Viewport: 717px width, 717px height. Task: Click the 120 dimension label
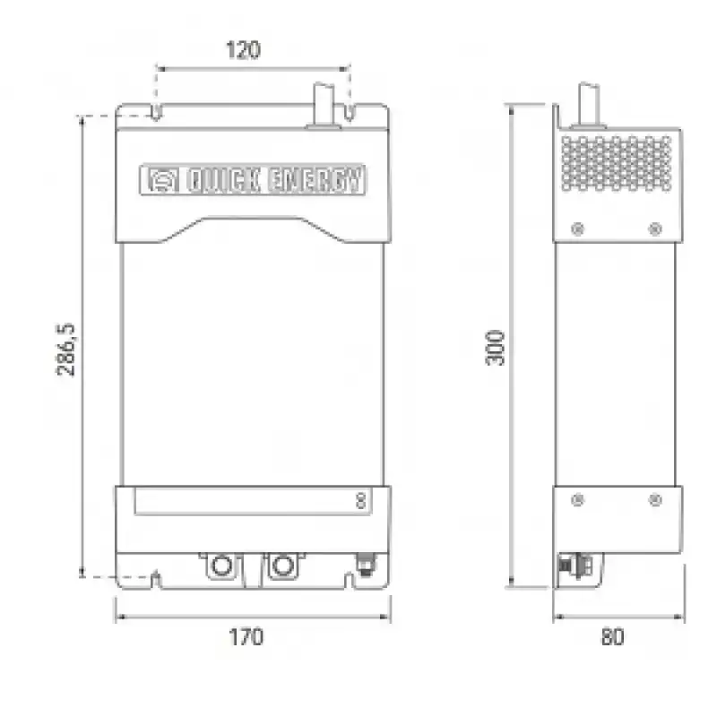click(x=244, y=50)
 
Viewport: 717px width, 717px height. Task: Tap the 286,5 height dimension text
click(x=65, y=350)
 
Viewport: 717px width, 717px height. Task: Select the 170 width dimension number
click(x=246, y=637)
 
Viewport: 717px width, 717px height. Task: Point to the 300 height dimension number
click(x=495, y=348)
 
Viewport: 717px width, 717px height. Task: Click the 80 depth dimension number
click(x=613, y=637)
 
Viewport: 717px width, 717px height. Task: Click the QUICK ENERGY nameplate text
click(x=274, y=180)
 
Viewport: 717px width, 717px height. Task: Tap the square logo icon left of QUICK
click(x=163, y=180)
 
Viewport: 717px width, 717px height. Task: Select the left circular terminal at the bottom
click(x=221, y=566)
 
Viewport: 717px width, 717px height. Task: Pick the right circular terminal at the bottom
click(x=282, y=566)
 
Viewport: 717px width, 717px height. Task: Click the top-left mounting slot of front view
click(x=156, y=113)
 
